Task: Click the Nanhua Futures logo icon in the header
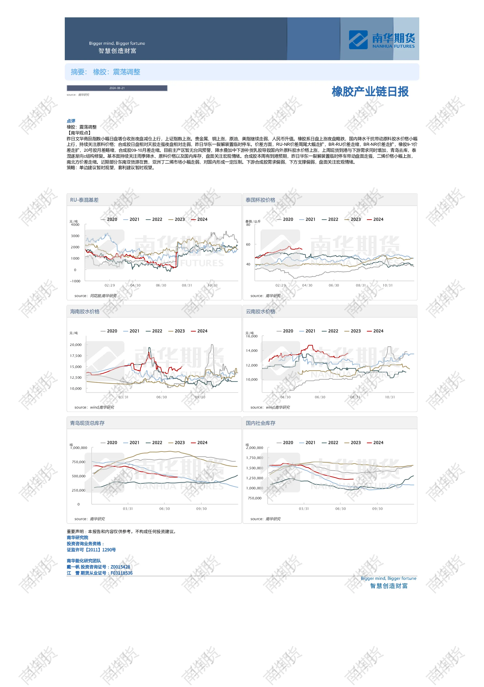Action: coord(358,40)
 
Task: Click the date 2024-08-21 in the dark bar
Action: coord(117,88)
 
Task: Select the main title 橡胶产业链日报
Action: coord(370,92)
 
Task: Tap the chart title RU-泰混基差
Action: coord(84,200)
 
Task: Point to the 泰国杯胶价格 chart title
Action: coord(260,200)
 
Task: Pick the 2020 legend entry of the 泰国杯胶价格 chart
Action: coord(285,219)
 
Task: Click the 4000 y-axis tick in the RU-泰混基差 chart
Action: coord(75,225)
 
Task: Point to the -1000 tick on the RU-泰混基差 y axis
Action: coord(75,281)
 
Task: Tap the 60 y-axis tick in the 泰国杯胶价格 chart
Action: coord(248,244)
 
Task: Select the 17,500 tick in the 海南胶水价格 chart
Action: coord(76,356)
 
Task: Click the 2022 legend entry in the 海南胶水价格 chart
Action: coord(154,331)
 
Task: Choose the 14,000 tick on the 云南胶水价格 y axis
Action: coord(252,351)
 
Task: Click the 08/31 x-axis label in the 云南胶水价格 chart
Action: coord(355,397)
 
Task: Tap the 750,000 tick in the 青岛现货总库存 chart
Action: coord(79,462)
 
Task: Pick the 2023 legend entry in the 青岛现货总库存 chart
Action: coord(177,443)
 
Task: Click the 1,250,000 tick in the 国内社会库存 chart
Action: coord(255,478)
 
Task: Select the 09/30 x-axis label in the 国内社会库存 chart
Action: coord(377,509)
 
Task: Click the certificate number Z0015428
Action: coord(120,567)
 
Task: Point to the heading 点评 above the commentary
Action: coord(71,121)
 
